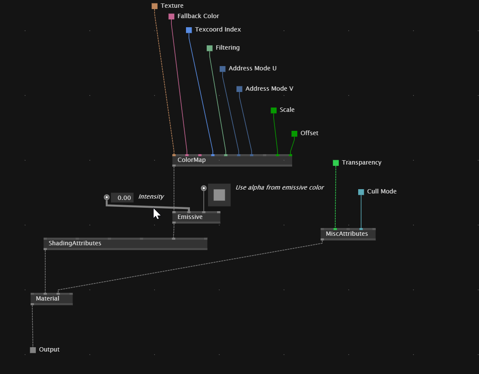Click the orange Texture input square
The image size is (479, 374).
pyautogui.click(x=154, y=6)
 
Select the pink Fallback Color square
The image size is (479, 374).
pyautogui.click(x=171, y=16)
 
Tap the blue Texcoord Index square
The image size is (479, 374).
pyautogui.click(x=189, y=30)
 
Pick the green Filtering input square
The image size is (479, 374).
pyautogui.click(x=210, y=48)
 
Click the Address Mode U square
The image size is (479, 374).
pyautogui.click(x=222, y=69)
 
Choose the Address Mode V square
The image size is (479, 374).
pyautogui.click(x=239, y=89)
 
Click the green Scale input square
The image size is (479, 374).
pyautogui.click(x=274, y=111)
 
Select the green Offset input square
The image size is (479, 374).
pyautogui.click(x=294, y=133)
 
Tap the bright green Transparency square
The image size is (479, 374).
pyautogui.click(x=336, y=163)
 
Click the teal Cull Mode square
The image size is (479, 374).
pyautogui.click(x=361, y=192)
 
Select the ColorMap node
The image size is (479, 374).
pyautogui.click(x=232, y=160)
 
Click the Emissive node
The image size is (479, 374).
pyautogui.click(x=196, y=217)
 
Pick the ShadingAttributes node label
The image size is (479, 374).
pyautogui.click(x=75, y=243)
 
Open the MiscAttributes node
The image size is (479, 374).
pyautogui.click(x=348, y=234)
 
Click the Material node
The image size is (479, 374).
pyautogui.click(x=52, y=299)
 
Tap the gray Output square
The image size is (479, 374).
pyautogui.click(x=33, y=350)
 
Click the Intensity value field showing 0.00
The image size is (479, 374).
pyautogui.click(x=122, y=197)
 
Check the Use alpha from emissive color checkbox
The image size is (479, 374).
pyautogui.click(x=219, y=195)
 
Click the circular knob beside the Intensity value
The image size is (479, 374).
pyautogui.click(x=107, y=197)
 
